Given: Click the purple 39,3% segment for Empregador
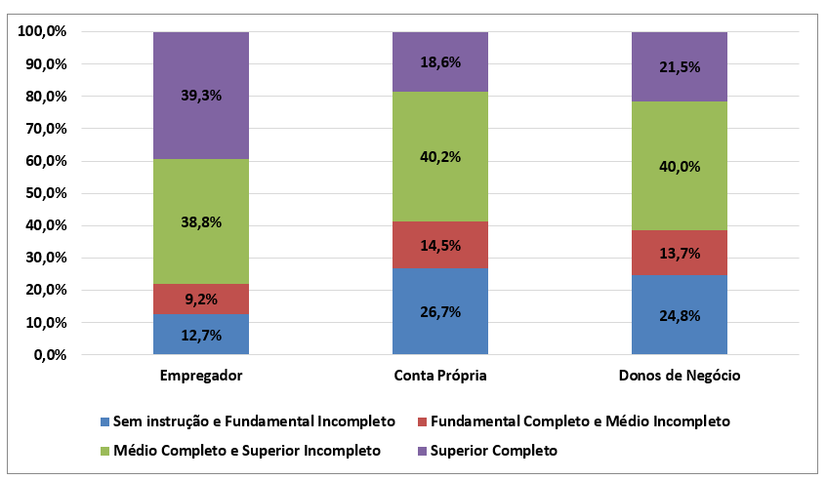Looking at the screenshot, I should tap(201, 95).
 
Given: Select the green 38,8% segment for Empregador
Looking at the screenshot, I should tap(201, 221).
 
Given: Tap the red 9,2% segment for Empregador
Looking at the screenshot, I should tap(201, 299).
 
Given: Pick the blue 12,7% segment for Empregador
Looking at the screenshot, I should tap(201, 335).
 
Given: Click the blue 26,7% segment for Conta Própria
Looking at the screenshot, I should tap(440, 311).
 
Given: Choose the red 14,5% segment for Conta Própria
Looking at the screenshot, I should tap(440, 245).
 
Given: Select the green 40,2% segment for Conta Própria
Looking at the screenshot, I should tap(440, 156).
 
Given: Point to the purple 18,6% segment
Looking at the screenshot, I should tap(440, 61).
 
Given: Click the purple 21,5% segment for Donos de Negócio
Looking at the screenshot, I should tap(680, 66).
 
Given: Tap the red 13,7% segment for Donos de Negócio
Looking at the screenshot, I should tap(680, 253).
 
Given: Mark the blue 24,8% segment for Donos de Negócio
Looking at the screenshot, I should tap(680, 314).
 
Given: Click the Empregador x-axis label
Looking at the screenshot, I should tap(201, 376).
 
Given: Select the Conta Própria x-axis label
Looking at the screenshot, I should tap(440, 376).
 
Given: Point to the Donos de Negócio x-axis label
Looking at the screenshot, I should tap(680, 376).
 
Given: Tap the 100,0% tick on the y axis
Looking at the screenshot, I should tap(42, 32).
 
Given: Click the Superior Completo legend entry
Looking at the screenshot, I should tap(485, 451).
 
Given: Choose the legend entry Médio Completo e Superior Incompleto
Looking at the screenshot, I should tap(239, 451).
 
